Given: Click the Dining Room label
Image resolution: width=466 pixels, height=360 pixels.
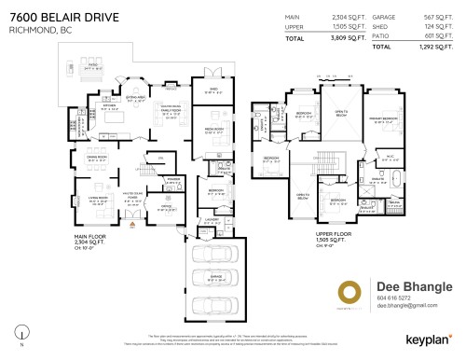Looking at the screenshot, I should (96, 157).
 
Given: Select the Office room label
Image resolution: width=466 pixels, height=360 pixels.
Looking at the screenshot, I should (166, 208).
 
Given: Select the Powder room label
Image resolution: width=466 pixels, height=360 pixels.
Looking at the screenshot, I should (172, 180).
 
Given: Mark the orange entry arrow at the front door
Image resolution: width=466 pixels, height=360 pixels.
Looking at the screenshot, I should (133, 224).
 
